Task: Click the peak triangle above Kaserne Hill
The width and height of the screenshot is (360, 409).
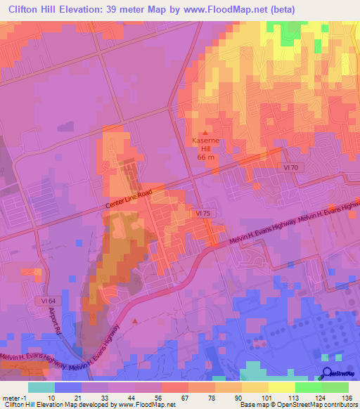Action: [x=205, y=133]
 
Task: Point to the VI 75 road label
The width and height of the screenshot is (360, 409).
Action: [x=203, y=212]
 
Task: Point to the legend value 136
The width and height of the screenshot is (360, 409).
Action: [x=347, y=398]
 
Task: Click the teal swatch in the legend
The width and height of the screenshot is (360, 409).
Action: [x=41, y=387]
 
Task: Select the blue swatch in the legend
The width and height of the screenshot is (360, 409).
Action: [x=68, y=387]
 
